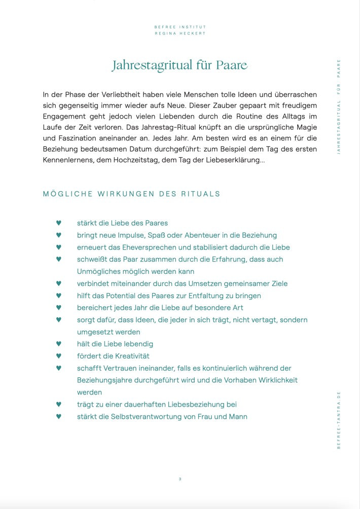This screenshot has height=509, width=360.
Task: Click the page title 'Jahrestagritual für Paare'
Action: pyautogui.click(x=179, y=65)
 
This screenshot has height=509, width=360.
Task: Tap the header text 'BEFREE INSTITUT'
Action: pyautogui.click(x=180, y=27)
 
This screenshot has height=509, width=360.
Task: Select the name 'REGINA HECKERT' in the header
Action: pyautogui.click(x=180, y=33)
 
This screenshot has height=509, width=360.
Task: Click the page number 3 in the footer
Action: pyautogui.click(x=180, y=479)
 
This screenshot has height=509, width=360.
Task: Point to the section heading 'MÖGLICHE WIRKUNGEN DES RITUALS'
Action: pyautogui.click(x=132, y=194)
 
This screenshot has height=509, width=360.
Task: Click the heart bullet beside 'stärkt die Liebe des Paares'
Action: pyautogui.click(x=58, y=223)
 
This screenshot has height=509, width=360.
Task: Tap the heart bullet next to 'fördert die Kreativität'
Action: pyautogui.click(x=58, y=356)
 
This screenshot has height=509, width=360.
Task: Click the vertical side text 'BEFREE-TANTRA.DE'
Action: pyautogui.click(x=339, y=420)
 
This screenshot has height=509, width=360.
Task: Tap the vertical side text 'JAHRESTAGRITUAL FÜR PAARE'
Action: pyautogui.click(x=339, y=106)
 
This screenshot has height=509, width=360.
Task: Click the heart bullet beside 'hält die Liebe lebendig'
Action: pyautogui.click(x=58, y=344)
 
